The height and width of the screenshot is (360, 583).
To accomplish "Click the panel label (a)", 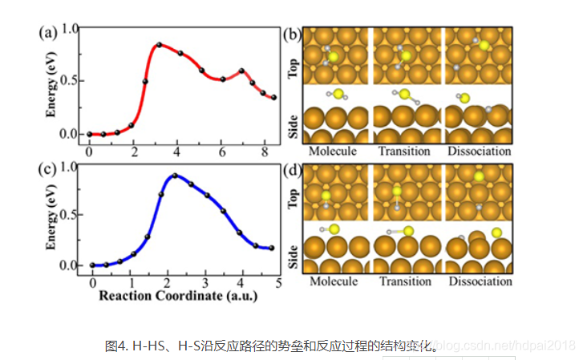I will [47, 34].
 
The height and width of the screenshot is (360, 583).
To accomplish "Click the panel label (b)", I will [293, 34].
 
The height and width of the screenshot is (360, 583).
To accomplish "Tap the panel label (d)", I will [293, 171].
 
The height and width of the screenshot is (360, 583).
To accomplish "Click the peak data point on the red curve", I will [159, 45].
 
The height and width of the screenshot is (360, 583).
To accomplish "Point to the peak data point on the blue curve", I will [174, 176].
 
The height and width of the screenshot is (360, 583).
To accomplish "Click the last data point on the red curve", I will [274, 98].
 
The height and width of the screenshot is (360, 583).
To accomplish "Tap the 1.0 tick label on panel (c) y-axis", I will [71, 167].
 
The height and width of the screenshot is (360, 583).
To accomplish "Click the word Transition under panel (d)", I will [405, 281].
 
